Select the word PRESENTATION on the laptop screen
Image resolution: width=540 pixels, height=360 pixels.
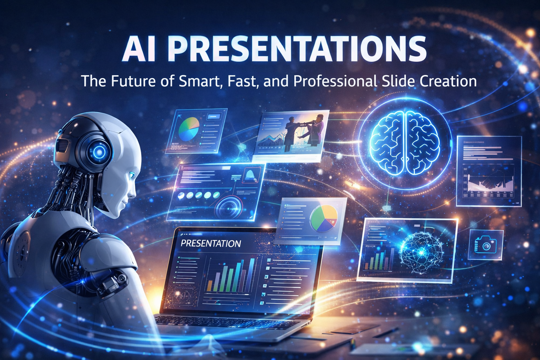coord(211,244)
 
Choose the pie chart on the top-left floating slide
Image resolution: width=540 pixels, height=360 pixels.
coord(189,129)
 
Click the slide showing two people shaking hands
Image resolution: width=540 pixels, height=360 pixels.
coord(291,135)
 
